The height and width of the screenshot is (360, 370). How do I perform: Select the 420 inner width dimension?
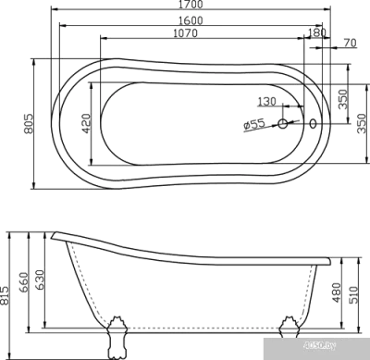coord(86,121)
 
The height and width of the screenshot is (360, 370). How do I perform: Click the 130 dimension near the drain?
coord(269,101)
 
